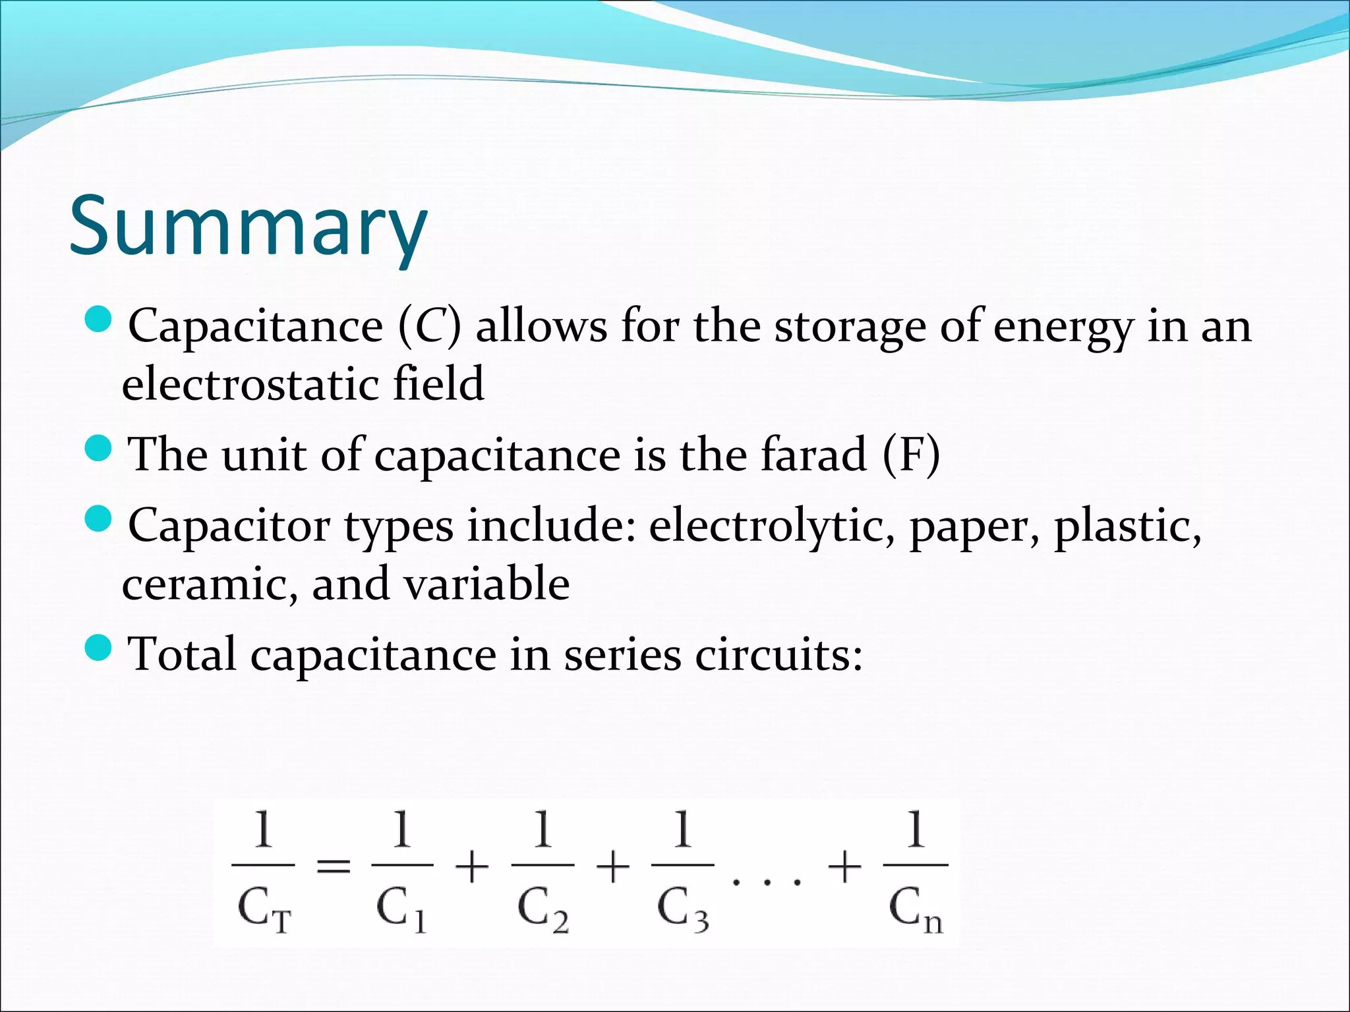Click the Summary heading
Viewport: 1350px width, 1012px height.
249,226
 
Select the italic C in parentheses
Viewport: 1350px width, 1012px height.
430,326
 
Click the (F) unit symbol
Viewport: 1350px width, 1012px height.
912,454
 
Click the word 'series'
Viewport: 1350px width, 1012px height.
623,655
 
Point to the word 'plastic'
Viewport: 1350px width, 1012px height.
1127,526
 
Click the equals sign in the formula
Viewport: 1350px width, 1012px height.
334,866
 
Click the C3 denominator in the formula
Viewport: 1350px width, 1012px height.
683,909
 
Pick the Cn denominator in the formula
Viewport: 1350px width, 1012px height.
916,909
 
